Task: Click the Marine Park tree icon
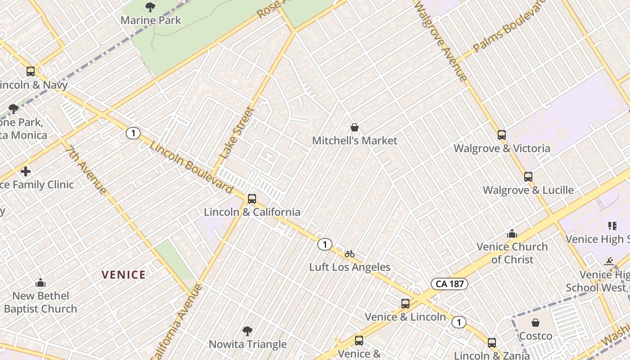[150, 7]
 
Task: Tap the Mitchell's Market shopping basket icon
[355, 127]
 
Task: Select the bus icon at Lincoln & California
[252, 198]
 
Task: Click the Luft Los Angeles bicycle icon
[350, 254]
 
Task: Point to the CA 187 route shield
[450, 284]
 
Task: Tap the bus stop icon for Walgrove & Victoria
[502, 135]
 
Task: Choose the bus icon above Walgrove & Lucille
[528, 176]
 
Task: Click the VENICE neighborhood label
[123, 274]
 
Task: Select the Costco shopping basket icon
[535, 323]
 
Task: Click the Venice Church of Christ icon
[512, 234]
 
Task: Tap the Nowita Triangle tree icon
[247, 331]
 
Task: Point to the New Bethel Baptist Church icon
[40, 283]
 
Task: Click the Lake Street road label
[237, 133]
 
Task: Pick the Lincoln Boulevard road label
[191, 168]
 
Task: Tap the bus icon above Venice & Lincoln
[405, 304]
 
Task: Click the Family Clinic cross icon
[26, 171]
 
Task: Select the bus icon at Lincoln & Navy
[31, 72]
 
